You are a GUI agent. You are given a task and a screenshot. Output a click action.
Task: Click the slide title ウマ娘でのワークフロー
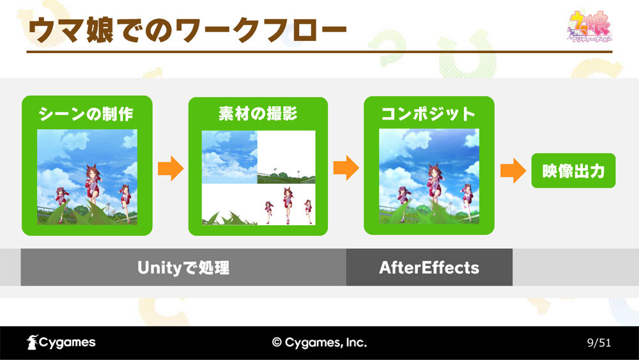(187, 30)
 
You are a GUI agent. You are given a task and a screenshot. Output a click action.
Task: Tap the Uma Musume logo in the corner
(590, 26)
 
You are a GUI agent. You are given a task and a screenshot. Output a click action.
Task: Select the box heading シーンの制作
(86, 114)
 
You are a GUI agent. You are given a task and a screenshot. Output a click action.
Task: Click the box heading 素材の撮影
(258, 113)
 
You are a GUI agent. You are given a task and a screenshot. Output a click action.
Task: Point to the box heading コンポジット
(428, 114)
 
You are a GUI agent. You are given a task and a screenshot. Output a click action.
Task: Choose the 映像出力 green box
(573, 171)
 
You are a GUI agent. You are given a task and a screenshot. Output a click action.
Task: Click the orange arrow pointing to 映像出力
(513, 171)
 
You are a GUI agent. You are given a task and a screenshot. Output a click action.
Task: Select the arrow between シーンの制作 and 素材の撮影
(171, 168)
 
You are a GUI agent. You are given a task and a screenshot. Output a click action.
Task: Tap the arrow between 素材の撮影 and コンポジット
(346, 168)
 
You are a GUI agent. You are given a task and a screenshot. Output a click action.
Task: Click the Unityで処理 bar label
(183, 268)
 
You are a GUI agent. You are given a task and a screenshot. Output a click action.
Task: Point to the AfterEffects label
(429, 268)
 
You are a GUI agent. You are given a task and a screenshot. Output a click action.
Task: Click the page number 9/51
(599, 343)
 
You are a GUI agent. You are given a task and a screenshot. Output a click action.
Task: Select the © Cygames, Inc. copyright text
(319, 343)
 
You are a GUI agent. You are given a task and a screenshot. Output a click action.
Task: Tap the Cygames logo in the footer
(61, 343)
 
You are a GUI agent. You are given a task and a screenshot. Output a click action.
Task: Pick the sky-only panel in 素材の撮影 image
(229, 157)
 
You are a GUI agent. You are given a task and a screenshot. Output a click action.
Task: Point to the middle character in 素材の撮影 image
(288, 205)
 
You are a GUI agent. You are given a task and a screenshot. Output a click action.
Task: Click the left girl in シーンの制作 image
(62, 203)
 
